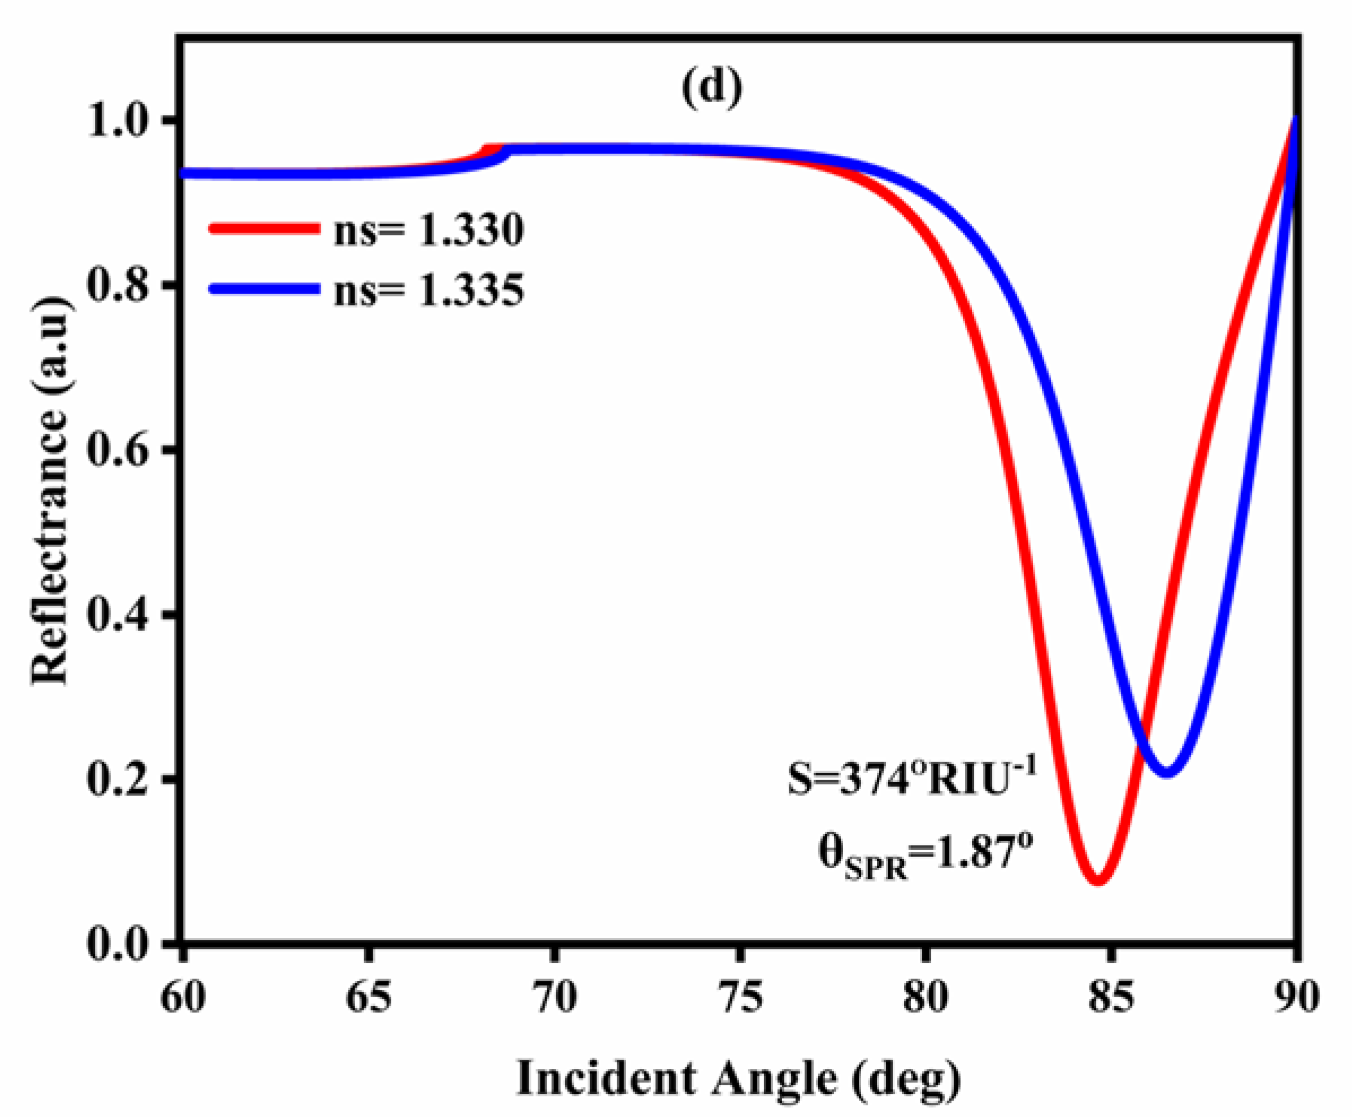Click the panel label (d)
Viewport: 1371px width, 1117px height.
(711, 88)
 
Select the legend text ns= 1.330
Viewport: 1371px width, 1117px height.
(429, 230)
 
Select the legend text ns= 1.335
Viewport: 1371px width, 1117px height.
(429, 290)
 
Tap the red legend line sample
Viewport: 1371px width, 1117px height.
(264, 228)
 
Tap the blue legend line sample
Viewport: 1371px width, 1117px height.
(264, 289)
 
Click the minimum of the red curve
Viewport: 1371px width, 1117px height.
(1098, 880)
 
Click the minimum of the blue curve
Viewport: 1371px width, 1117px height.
(1167, 771)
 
